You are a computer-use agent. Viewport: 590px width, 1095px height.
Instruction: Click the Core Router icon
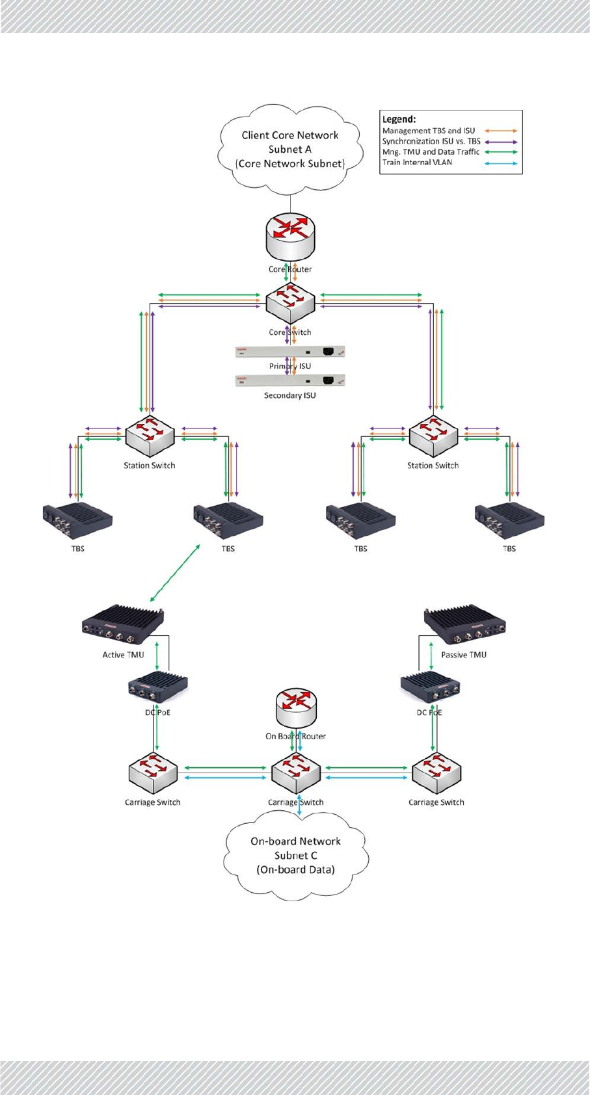pyautogui.click(x=290, y=238)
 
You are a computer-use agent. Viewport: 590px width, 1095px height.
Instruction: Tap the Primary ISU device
pyautogui.click(x=290, y=352)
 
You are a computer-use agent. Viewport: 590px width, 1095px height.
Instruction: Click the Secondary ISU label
pyautogui.click(x=290, y=395)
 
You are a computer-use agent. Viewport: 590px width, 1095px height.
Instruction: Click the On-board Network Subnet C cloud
pyautogui.click(x=296, y=855)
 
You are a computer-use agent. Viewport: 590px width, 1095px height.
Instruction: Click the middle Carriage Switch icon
pyautogui.click(x=296, y=774)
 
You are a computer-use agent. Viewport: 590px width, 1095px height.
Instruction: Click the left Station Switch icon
pyautogui.click(x=150, y=436)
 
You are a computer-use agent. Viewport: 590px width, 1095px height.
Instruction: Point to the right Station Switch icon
pyautogui.click(x=433, y=436)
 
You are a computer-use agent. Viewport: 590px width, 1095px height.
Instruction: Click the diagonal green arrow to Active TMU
pyautogui.click(x=175, y=573)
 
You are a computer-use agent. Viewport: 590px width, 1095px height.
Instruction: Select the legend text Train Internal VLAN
pyautogui.click(x=417, y=162)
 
